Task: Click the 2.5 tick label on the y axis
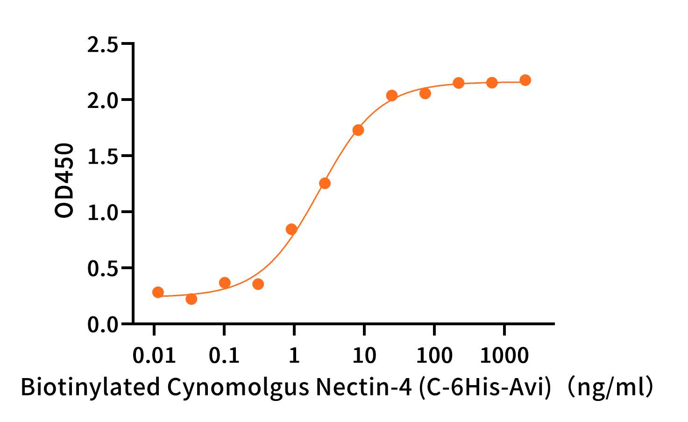pyautogui.click(x=102, y=45)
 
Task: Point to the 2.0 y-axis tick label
pyautogui.click(x=102, y=100)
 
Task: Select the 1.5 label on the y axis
pyautogui.click(x=102, y=157)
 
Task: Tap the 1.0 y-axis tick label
pyautogui.click(x=102, y=213)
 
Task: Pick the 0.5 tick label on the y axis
pyautogui.click(x=102, y=269)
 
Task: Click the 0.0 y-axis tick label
pyautogui.click(x=102, y=325)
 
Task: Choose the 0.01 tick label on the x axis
pyautogui.click(x=154, y=356)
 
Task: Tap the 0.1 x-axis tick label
pyautogui.click(x=224, y=356)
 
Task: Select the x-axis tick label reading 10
pyautogui.click(x=364, y=356)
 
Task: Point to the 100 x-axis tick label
pyautogui.click(x=434, y=356)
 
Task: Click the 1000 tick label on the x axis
pyautogui.click(x=504, y=356)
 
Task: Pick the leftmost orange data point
pyautogui.click(x=158, y=293)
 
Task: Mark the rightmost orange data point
pyautogui.click(x=525, y=80)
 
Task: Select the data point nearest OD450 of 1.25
pyautogui.click(x=325, y=183)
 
